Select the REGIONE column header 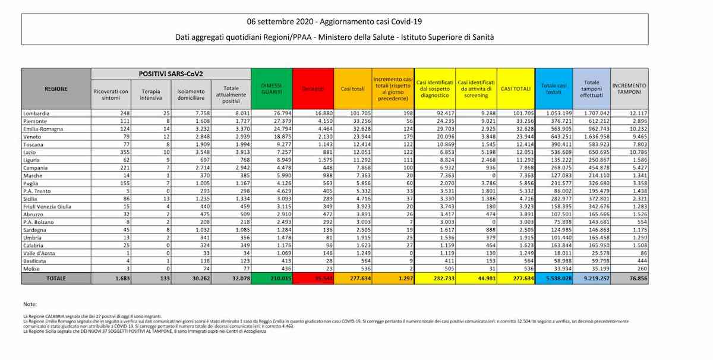pos(56,89)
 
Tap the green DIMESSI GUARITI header pos(272,89)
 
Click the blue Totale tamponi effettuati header pos(591,89)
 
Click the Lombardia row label pos(37,113)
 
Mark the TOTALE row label pos(56,278)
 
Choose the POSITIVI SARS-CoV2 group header pos(171,74)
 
